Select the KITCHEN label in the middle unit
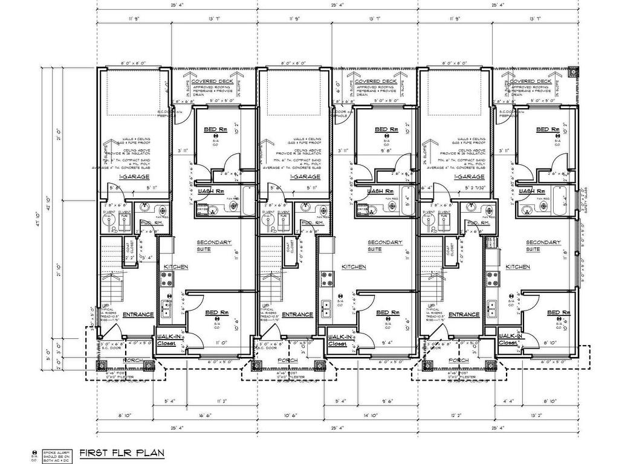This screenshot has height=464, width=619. point(354,266)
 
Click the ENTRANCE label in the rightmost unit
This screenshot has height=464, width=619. point(464,314)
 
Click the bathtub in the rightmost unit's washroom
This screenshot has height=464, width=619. point(561,199)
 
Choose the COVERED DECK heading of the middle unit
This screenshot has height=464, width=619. point(376,81)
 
